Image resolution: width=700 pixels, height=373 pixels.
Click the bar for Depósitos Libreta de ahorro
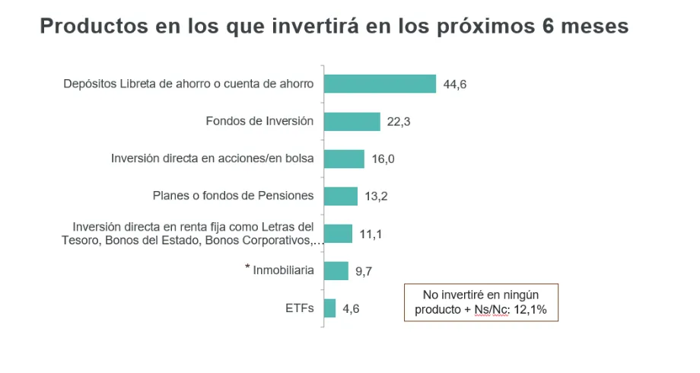pos(380,84)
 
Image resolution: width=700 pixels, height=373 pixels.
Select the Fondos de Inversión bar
pos(352,122)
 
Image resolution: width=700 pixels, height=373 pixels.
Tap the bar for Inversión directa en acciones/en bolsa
pos(344,159)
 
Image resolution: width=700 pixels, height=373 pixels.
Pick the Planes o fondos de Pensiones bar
pos(340,196)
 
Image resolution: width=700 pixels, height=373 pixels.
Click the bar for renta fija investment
pos(338,234)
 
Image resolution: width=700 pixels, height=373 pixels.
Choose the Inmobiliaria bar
pos(336,271)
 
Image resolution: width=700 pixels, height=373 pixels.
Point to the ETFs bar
pos(329,308)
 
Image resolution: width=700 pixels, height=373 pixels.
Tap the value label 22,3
pos(398,122)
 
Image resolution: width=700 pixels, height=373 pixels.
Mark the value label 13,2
pos(377,196)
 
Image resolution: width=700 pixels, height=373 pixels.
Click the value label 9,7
pos(364,271)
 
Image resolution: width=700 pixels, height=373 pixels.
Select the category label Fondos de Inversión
pos(259,122)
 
